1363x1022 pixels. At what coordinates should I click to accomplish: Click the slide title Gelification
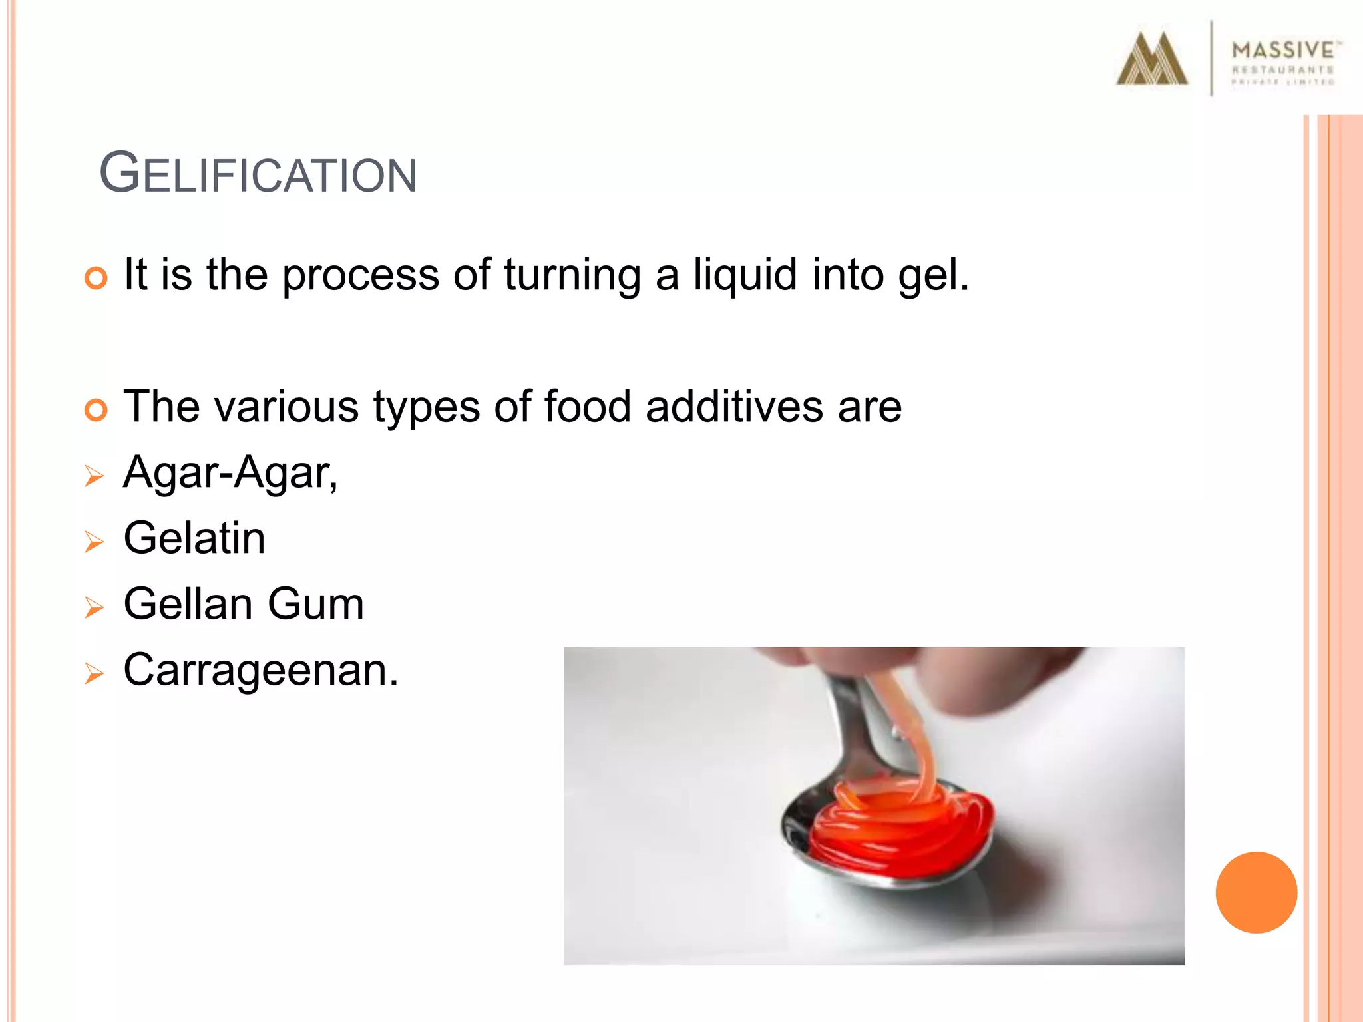tap(258, 174)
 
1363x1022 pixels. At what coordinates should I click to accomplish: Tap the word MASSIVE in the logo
tap(1282, 50)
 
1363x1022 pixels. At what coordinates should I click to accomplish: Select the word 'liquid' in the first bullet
tap(745, 275)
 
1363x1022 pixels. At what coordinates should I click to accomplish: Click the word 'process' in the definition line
tap(361, 275)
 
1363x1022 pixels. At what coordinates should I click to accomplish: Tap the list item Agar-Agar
tap(230, 473)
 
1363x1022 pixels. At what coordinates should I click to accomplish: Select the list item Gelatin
tap(194, 538)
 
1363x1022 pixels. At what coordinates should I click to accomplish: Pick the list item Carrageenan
tap(261, 670)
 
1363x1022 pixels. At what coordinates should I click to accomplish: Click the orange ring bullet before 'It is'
tap(96, 277)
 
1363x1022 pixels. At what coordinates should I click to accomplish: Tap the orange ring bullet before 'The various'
tap(96, 409)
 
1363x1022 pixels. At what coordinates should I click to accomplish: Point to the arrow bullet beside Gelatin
tap(95, 542)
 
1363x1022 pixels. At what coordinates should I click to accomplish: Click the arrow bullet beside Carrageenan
tap(95, 674)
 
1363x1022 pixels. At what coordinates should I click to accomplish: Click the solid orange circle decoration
tap(1256, 892)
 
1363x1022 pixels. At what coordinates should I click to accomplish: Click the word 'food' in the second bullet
tap(587, 407)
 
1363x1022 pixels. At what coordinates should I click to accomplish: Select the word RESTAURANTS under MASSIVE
tap(1282, 70)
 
